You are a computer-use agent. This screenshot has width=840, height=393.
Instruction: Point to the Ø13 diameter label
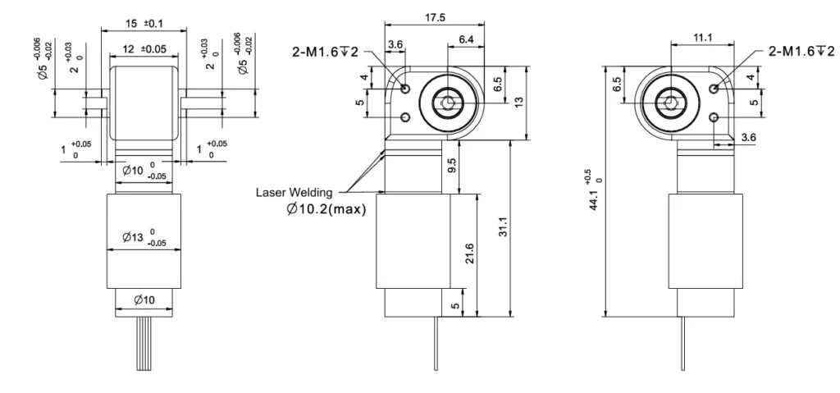[144, 239]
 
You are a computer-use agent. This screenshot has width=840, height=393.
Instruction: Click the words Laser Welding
[294, 194]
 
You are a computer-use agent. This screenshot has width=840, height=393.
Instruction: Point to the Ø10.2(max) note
[326, 211]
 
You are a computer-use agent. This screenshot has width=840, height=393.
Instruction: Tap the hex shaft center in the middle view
[446, 103]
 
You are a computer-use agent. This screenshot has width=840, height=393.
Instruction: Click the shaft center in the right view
[671, 103]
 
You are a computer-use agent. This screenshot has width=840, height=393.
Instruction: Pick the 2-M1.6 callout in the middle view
[326, 53]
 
